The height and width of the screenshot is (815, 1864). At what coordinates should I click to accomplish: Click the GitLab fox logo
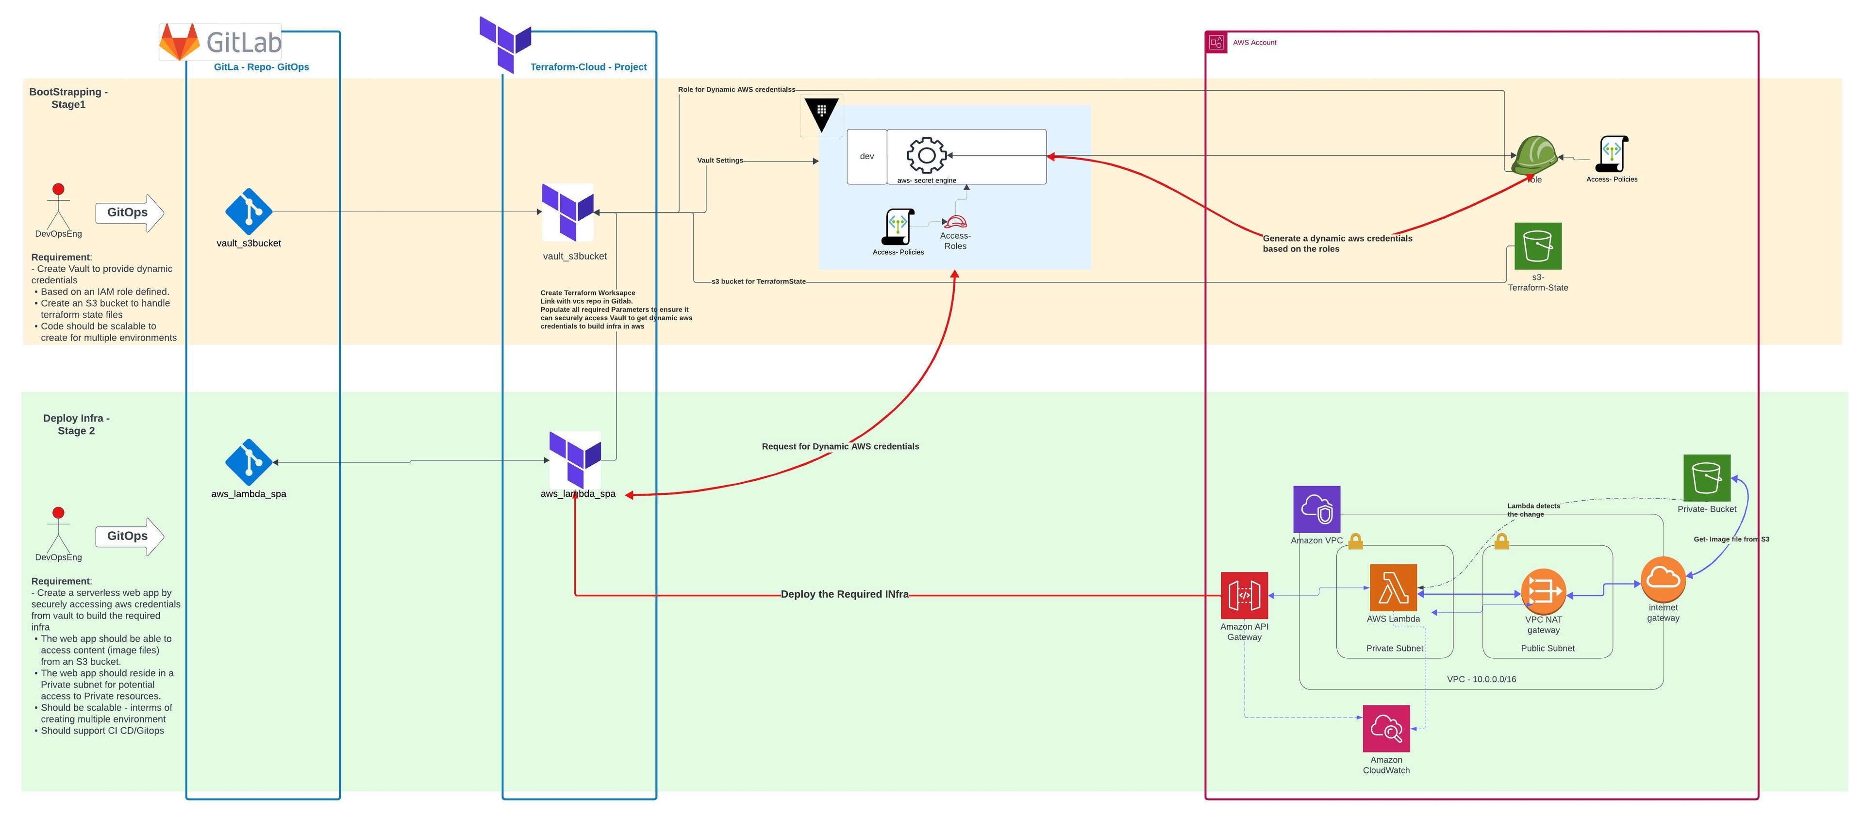coord(180,42)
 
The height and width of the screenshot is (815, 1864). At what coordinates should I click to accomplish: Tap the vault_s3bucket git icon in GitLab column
coord(249,212)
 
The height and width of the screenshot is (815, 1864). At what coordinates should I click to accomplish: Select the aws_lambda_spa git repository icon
coord(249,462)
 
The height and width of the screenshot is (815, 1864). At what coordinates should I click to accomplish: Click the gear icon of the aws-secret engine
coord(926,155)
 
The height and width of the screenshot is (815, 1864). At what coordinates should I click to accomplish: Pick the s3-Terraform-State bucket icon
coord(1538,246)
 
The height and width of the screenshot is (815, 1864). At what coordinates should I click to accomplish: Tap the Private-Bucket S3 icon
coord(1707,477)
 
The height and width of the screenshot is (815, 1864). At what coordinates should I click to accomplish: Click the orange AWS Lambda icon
coord(1393,588)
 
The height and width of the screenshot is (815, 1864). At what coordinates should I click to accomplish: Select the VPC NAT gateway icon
coord(1544,591)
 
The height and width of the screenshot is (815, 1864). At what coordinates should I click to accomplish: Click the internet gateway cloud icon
coord(1663,579)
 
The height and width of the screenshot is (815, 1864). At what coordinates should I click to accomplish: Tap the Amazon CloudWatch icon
coord(1386,729)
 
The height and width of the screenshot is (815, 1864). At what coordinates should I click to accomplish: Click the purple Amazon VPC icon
coord(1317,509)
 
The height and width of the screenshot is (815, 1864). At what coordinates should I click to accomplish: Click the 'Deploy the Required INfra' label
coord(845,594)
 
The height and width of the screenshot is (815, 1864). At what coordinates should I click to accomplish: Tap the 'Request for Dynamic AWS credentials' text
coord(840,446)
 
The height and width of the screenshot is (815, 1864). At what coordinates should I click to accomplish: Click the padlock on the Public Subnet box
coord(1501,541)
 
